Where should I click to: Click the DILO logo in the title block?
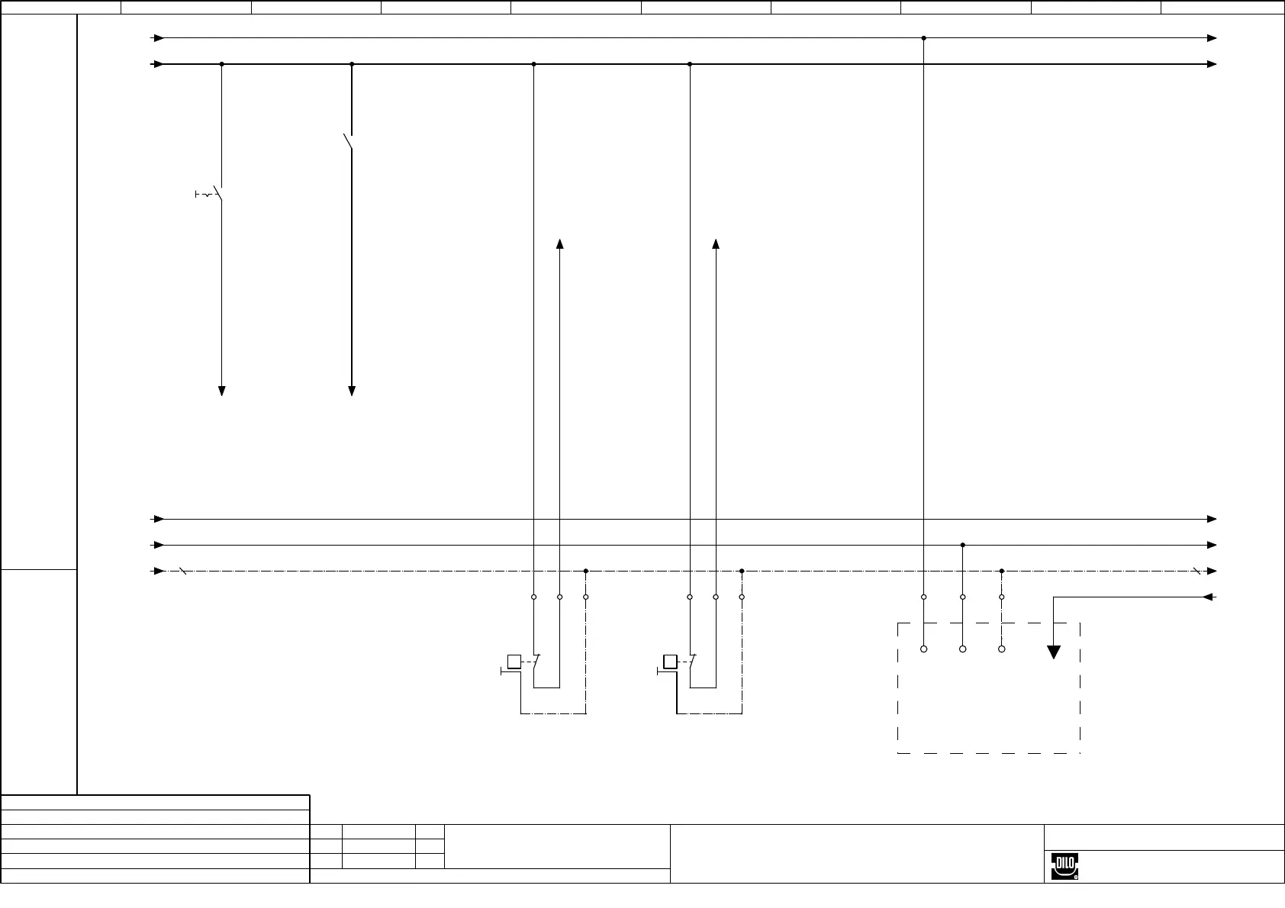[x=1064, y=865]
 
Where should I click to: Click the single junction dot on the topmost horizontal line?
[x=923, y=37]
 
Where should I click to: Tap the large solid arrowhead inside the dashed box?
[x=1053, y=652]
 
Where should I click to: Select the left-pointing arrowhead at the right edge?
[x=1208, y=597]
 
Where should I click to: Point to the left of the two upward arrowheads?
[x=559, y=244]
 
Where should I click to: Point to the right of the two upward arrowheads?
[x=716, y=244]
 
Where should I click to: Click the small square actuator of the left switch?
[x=514, y=662]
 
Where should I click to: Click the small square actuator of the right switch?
[x=670, y=662]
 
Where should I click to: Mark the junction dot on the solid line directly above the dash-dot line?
[x=962, y=545]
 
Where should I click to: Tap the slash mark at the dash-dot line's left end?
[x=182, y=571]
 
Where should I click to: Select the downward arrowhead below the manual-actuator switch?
[x=221, y=391]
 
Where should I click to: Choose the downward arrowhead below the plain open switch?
[x=352, y=391]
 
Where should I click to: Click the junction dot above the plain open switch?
[x=352, y=64]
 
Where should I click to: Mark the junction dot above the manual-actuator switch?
[x=221, y=64]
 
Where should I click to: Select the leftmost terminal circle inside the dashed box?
[x=923, y=649]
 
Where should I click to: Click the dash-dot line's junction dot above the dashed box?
[x=1001, y=571]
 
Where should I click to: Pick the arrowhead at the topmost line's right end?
[x=1211, y=37]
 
